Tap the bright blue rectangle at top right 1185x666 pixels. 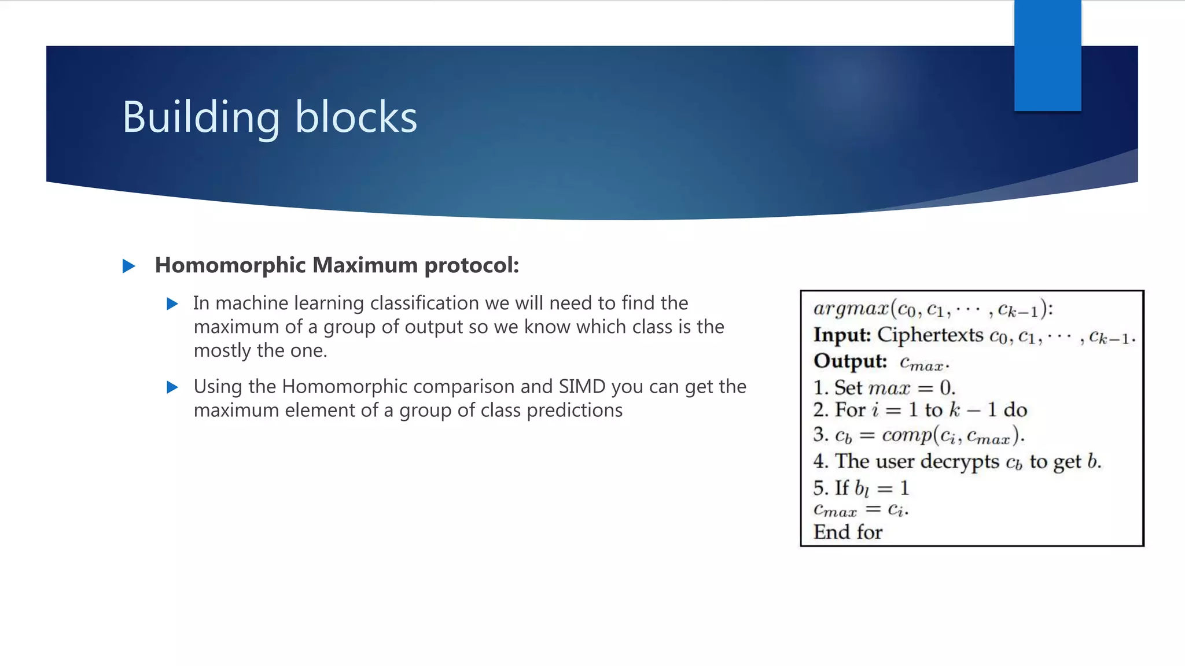pyautogui.click(x=1047, y=55)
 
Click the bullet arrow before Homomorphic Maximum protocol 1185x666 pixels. pyautogui.click(x=129, y=266)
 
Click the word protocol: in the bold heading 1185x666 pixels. pyautogui.click(x=472, y=265)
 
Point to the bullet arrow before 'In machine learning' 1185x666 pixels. pyautogui.click(x=172, y=304)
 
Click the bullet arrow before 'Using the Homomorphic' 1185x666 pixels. pyautogui.click(x=172, y=387)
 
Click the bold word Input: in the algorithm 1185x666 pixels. pyautogui.click(x=842, y=335)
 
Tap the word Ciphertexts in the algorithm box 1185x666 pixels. pyautogui.click(x=930, y=335)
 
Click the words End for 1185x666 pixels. pyautogui.click(x=848, y=532)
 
